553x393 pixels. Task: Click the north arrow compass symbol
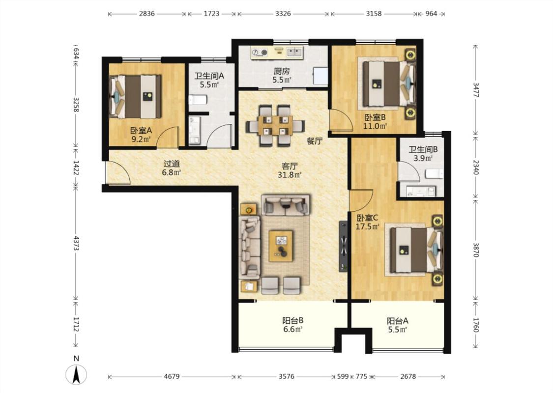[x=76, y=374]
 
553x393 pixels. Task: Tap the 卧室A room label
[x=141, y=130]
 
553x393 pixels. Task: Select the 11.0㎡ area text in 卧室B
[x=375, y=126]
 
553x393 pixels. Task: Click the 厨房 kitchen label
[x=282, y=71]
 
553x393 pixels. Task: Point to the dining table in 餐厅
[x=275, y=125]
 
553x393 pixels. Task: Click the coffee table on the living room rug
[x=281, y=246]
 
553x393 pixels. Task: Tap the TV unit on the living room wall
[x=344, y=246]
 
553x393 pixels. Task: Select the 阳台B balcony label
[x=293, y=321]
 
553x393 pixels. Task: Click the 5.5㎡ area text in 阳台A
[x=398, y=330]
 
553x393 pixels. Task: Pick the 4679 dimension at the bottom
[x=172, y=377]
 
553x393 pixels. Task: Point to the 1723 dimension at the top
[x=211, y=14]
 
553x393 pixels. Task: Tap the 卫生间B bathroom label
[x=423, y=150]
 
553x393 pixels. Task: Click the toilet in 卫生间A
[x=197, y=100]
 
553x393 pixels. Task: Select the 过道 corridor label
[x=172, y=164]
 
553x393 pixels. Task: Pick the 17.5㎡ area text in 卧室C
[x=367, y=226]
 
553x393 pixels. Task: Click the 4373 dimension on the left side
[x=76, y=243]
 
